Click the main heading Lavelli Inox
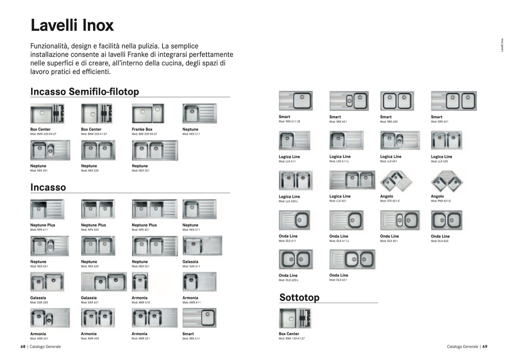(x=72, y=26)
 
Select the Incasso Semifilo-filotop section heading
(x=84, y=92)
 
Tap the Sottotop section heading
(x=299, y=298)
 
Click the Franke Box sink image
(x=148, y=114)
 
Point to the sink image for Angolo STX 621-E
(x=396, y=181)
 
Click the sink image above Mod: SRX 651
(x=349, y=101)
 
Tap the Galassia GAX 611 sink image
(x=202, y=246)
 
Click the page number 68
(x=23, y=347)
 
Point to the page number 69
(x=485, y=347)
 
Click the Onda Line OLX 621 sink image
(x=352, y=259)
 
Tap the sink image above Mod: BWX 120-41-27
(x=295, y=318)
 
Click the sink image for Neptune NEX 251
(x=50, y=150)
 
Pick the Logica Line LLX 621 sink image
(x=352, y=180)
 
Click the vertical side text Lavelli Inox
(x=502, y=45)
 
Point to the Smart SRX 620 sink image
(x=397, y=101)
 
